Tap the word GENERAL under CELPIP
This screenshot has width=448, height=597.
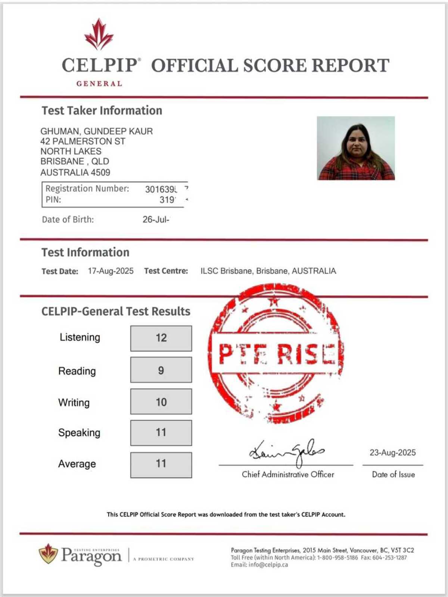pyautogui.click(x=99, y=84)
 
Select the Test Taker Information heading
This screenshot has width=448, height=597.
pyautogui.click(x=102, y=110)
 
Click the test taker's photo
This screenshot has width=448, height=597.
pyautogui.click(x=356, y=148)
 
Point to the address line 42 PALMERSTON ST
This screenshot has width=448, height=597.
pyautogui.click(x=83, y=141)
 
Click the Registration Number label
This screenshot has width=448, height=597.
pyautogui.click(x=87, y=189)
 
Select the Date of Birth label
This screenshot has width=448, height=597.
pyautogui.click(x=68, y=219)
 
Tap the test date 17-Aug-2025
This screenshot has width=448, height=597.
pyautogui.click(x=111, y=271)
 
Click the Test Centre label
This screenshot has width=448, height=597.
pyautogui.click(x=166, y=271)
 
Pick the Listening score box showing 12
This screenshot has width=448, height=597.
pyautogui.click(x=161, y=338)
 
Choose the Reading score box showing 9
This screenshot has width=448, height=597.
pyautogui.click(x=161, y=370)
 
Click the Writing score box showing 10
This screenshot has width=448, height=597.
pyautogui.click(x=161, y=402)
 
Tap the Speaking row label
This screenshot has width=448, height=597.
pyautogui.click(x=79, y=433)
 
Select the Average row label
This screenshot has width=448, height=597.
pyautogui.click(x=77, y=464)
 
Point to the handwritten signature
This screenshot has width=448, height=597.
pyautogui.click(x=287, y=452)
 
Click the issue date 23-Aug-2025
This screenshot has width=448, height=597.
pyautogui.click(x=392, y=453)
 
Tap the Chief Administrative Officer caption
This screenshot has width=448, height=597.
pyautogui.click(x=288, y=475)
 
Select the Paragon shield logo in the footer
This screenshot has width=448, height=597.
pyautogui.click(x=48, y=554)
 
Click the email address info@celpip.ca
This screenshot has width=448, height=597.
pyautogui.click(x=268, y=565)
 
